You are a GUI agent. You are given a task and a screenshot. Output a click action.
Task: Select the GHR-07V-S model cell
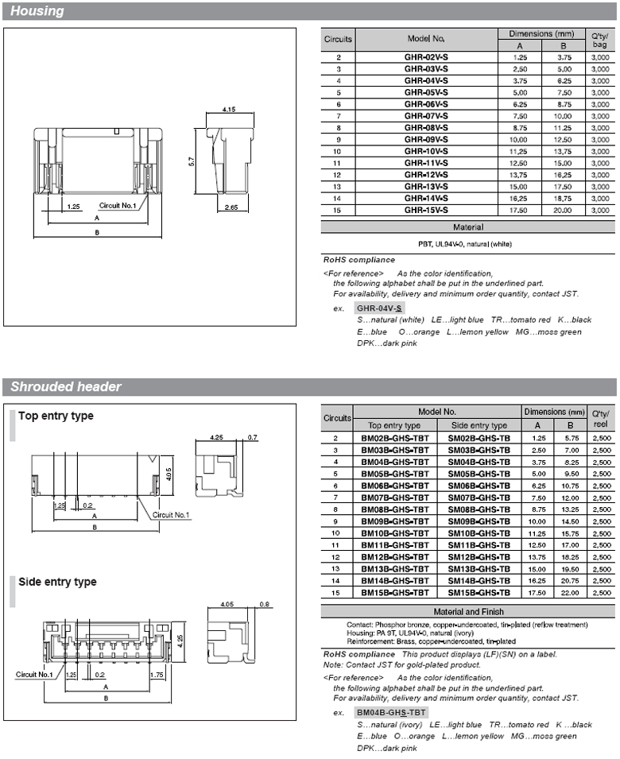tap(426, 115)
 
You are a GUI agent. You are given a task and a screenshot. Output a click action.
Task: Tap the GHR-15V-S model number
tap(426, 210)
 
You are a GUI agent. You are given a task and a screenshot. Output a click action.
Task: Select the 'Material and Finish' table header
tap(468, 612)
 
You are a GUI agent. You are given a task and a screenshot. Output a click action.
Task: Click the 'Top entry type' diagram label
tap(56, 416)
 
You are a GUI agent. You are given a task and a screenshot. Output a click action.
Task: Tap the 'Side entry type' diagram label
tap(57, 582)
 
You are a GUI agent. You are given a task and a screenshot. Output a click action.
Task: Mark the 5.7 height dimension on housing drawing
tap(192, 161)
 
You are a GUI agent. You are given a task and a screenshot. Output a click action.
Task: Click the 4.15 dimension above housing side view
tap(229, 108)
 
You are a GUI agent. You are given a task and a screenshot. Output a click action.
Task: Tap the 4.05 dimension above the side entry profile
tap(226, 603)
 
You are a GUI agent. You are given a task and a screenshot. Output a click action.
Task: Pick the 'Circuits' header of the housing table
tap(339, 39)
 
